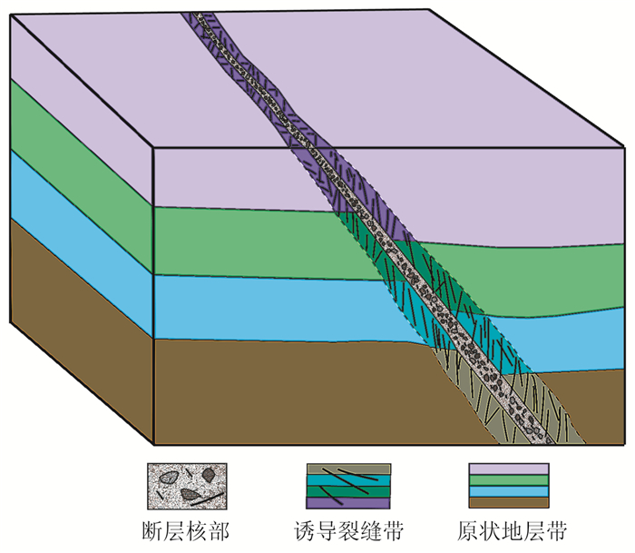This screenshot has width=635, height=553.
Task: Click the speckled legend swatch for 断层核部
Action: pyautogui.click(x=187, y=485)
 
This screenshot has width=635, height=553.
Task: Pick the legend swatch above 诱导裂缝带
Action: pyautogui.click(x=349, y=485)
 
